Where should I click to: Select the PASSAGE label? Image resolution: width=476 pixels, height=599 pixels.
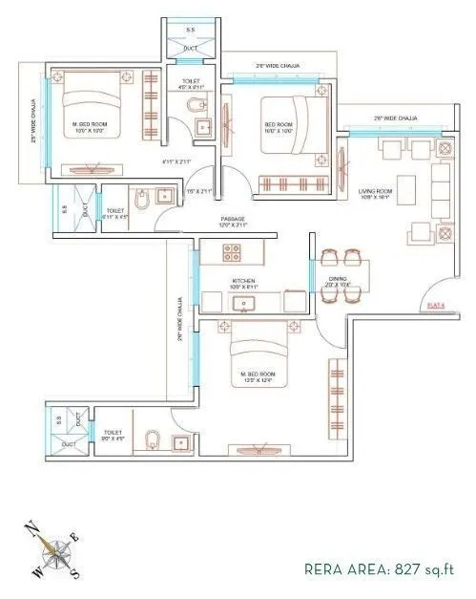pos(233,219)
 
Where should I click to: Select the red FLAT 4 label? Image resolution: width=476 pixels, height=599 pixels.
pos(437,305)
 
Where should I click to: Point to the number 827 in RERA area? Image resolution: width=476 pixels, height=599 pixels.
pos(406,570)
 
